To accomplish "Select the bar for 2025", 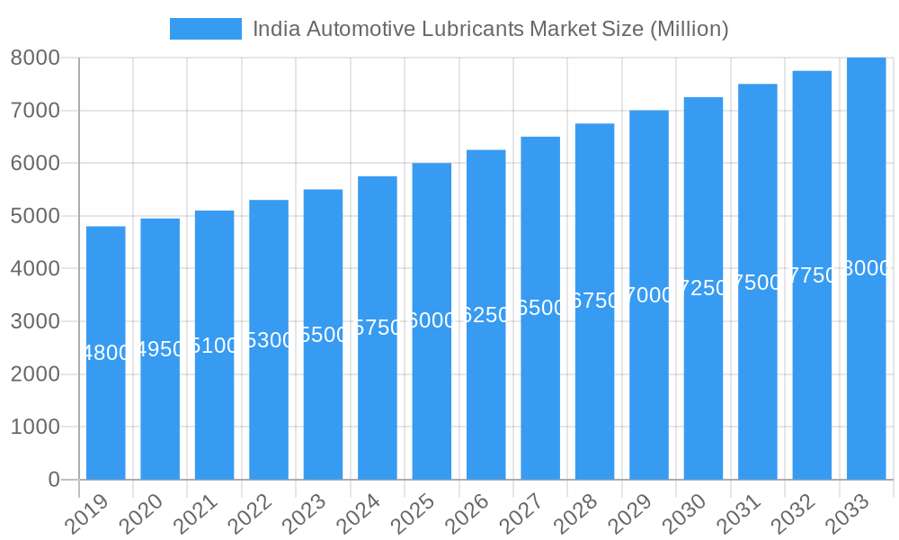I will click(432, 396).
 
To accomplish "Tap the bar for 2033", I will click(866, 378).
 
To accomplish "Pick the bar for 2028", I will click(594, 396).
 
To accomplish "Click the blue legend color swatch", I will click(206, 29).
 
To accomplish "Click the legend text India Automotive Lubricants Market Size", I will click(490, 29).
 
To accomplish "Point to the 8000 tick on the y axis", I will click(35, 58).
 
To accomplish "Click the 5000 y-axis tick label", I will click(35, 216).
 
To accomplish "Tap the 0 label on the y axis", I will click(53, 480).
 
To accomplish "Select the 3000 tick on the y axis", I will click(35, 321).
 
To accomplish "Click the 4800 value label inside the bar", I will click(106, 353).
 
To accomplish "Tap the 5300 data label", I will click(269, 340).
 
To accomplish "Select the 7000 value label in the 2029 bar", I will click(649, 295).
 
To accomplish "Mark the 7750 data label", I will click(812, 275).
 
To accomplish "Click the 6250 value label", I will click(485, 315).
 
